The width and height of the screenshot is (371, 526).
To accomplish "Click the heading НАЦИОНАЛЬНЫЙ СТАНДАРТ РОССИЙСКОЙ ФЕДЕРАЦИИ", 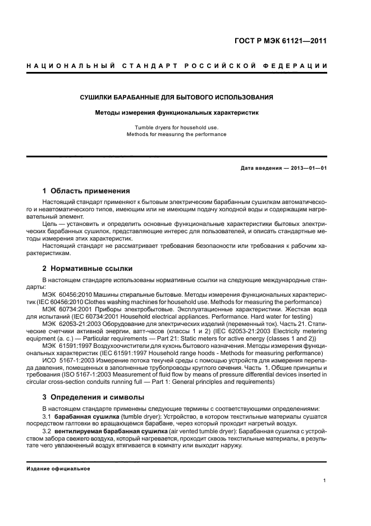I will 177,67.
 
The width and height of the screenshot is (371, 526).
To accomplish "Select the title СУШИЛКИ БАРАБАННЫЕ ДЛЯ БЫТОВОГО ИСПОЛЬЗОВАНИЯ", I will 177,97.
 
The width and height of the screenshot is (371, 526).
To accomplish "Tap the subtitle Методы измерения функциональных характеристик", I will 177,112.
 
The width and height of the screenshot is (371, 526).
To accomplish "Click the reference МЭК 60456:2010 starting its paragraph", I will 63,294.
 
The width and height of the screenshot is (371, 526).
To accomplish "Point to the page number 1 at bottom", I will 325,480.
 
